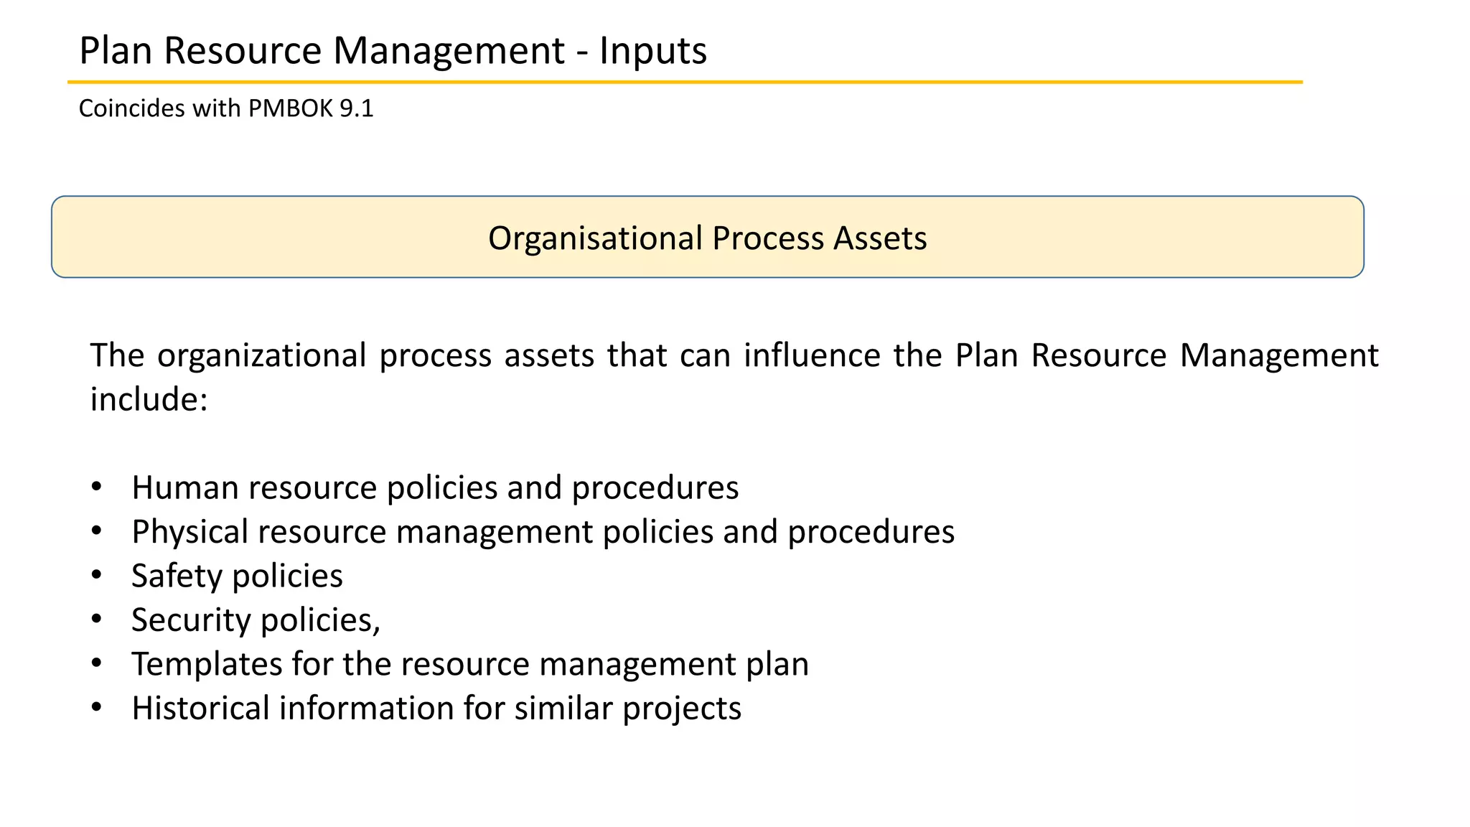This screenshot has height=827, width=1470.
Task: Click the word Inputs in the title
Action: pos(653,52)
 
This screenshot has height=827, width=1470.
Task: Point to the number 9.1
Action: pos(357,108)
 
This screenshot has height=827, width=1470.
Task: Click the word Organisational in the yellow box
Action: pos(595,238)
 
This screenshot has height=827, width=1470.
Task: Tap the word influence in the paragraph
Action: pos(812,355)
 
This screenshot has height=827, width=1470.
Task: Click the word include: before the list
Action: pos(149,399)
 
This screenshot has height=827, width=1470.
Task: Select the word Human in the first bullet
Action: pos(185,488)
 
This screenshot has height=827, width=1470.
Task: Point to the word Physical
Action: pos(189,533)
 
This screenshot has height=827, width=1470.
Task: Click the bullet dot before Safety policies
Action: pos(97,576)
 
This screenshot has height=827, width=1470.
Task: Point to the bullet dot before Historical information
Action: pos(97,707)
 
